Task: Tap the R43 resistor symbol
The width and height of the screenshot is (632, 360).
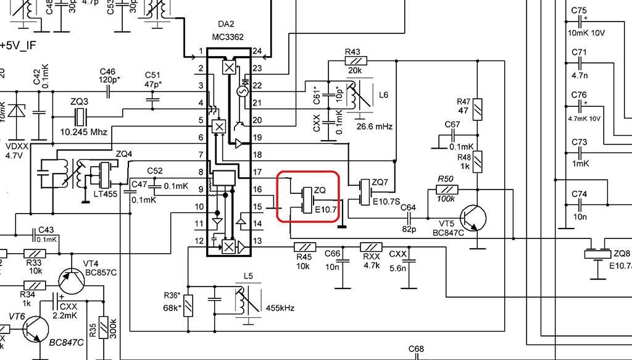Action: click(356, 61)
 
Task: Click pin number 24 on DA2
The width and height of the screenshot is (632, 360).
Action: click(257, 51)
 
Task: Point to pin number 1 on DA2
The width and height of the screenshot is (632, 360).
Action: click(201, 51)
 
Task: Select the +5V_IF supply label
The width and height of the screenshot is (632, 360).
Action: click(19, 45)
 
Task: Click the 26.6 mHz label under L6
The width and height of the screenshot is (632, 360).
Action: click(375, 127)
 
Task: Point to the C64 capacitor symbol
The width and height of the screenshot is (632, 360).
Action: click(409, 217)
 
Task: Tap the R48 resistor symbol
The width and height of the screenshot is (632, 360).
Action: click(479, 163)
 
